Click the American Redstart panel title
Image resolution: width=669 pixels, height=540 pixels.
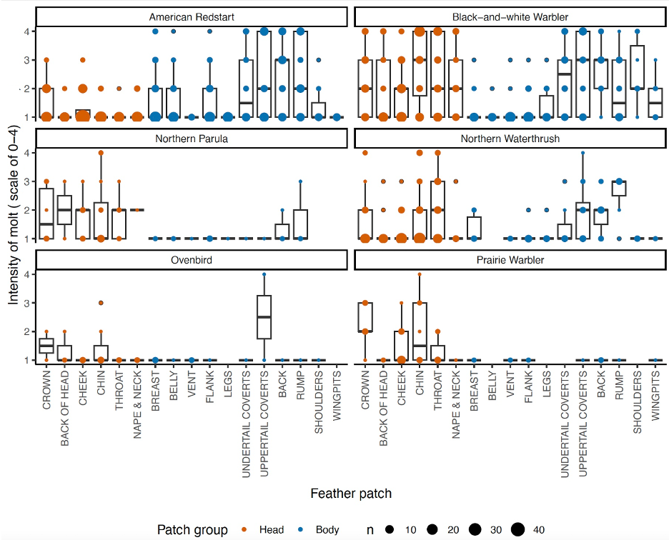pos(191,16)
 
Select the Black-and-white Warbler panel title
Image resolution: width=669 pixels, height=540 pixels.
pos(510,16)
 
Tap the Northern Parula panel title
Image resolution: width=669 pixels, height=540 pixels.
pos(191,139)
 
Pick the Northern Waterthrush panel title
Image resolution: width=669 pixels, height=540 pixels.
pos(510,139)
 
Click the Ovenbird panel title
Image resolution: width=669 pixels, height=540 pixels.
pos(191,260)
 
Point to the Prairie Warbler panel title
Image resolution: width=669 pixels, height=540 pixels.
pos(510,260)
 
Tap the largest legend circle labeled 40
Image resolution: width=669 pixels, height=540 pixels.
pos(517,529)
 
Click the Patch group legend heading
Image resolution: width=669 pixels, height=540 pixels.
pos(192,529)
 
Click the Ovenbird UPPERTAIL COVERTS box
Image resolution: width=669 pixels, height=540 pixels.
pos(264,316)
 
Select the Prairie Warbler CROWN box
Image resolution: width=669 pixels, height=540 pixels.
pos(365,316)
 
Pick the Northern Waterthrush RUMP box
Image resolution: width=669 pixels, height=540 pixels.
pos(619,188)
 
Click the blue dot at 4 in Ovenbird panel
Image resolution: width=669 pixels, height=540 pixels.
pos(264,274)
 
